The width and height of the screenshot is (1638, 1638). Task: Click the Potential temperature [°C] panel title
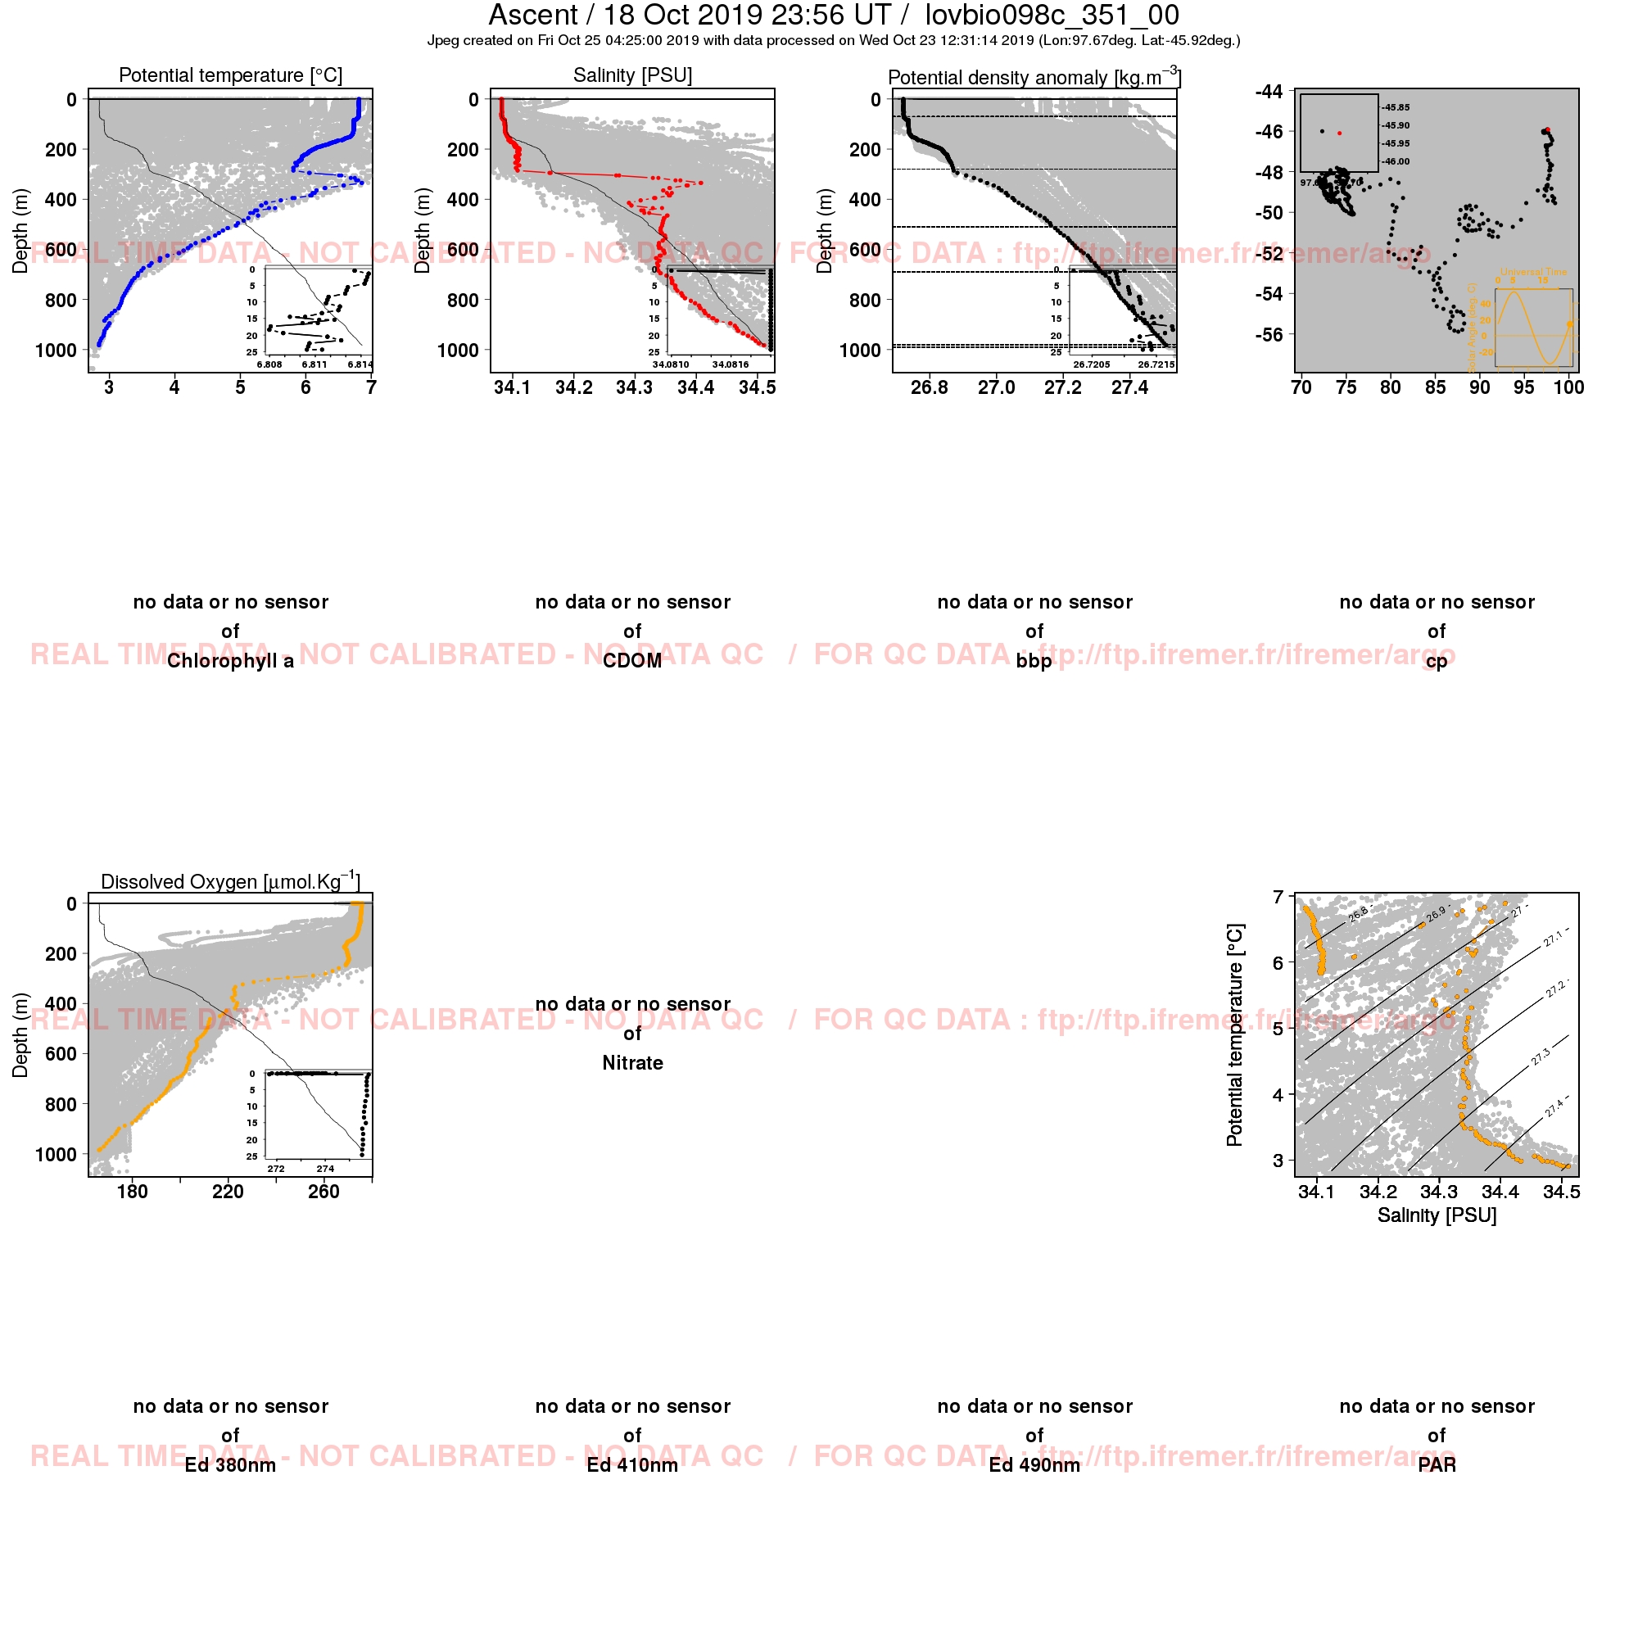pyautogui.click(x=231, y=75)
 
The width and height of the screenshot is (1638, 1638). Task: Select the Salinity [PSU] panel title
pyautogui.click(x=632, y=75)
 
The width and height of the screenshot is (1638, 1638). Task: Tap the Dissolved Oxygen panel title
pyautogui.click(x=231, y=881)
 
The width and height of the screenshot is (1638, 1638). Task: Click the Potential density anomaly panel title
pyautogui.click(x=1034, y=77)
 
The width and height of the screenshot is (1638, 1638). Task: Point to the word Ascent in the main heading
pyautogui.click(x=532, y=16)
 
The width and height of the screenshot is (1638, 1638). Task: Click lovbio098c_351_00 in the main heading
pyautogui.click(x=1052, y=16)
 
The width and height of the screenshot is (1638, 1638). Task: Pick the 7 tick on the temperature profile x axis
pyautogui.click(x=371, y=387)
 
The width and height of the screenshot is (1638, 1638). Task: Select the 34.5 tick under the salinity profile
pyautogui.click(x=756, y=387)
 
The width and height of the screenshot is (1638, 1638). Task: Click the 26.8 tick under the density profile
pyautogui.click(x=930, y=387)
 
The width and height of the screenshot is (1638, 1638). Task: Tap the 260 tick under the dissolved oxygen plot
pyautogui.click(x=324, y=1192)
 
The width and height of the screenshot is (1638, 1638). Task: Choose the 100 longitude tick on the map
pyautogui.click(x=1569, y=387)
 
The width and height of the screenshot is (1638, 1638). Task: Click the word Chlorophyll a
pyautogui.click(x=231, y=661)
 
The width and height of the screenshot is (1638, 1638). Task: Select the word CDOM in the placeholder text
pyautogui.click(x=632, y=661)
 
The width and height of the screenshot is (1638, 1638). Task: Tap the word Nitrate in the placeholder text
pyautogui.click(x=632, y=1063)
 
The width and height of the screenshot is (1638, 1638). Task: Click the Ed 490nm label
pyautogui.click(x=1034, y=1466)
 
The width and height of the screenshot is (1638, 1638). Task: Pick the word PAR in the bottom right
pyautogui.click(x=1437, y=1466)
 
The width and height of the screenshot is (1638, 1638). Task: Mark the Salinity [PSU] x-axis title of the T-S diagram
pyautogui.click(x=1437, y=1215)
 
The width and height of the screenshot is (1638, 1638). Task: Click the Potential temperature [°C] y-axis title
pyautogui.click(x=1234, y=1034)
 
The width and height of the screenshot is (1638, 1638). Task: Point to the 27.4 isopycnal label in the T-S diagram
pyautogui.click(x=1555, y=1106)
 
